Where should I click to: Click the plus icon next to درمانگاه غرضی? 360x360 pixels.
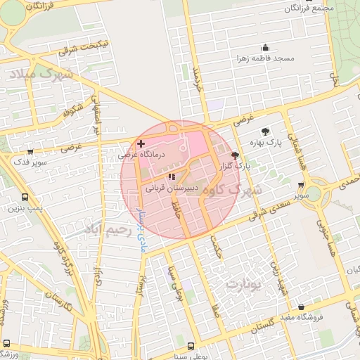[141, 143]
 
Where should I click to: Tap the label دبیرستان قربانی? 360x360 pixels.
[172, 189]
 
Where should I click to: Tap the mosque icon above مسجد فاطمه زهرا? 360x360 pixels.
[263, 46]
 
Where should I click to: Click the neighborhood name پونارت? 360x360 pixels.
[243, 285]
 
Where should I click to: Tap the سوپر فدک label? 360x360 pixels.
[29, 161]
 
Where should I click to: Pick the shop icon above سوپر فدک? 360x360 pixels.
[30, 150]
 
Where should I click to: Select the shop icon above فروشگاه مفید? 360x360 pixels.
[302, 307]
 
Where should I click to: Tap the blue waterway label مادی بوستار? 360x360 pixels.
[140, 229]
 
